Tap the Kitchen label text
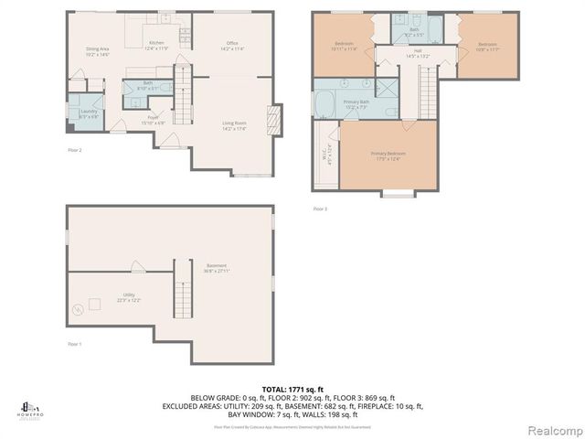click(156, 46)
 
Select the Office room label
click(232, 46)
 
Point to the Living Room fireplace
click(270, 120)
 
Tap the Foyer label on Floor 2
click(154, 120)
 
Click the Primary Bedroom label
click(388, 155)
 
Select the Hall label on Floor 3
click(417, 53)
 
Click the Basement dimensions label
click(216, 269)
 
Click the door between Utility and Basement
click(136, 267)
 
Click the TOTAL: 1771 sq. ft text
click(292, 389)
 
